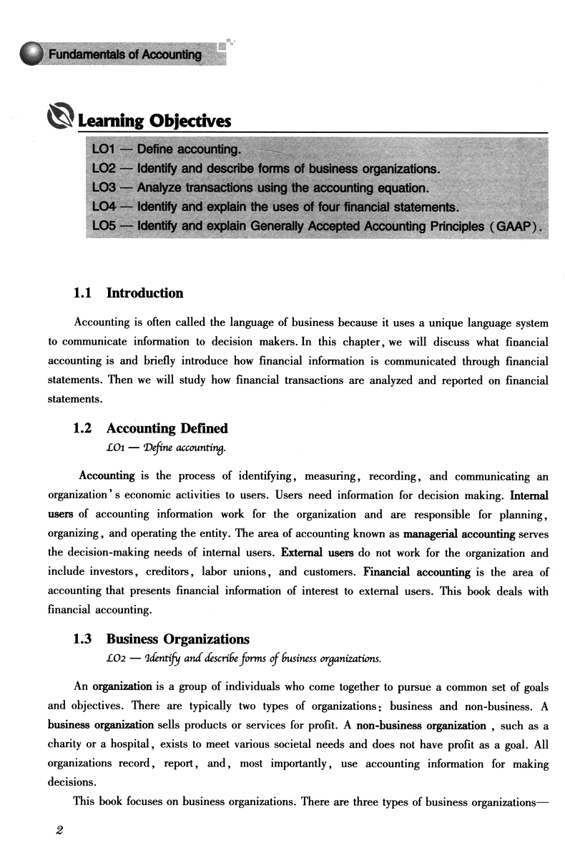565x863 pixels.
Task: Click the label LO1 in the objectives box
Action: coord(107,149)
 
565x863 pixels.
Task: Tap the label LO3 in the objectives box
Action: coord(107,188)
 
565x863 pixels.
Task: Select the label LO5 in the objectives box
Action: coord(107,227)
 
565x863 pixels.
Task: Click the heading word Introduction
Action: coord(144,293)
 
